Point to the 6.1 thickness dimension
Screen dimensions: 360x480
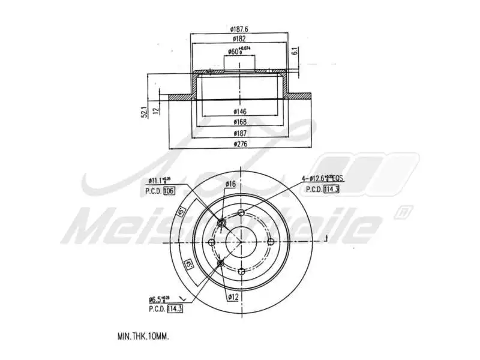[x=295, y=52]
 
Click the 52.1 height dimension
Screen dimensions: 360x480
[x=145, y=112]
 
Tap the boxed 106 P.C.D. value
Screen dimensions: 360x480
[x=169, y=190]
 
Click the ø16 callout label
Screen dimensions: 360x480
[x=230, y=184]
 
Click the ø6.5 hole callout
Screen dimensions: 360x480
[x=160, y=299]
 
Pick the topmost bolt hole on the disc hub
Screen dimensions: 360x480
[x=241, y=213]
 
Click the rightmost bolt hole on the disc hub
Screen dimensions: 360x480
[x=269, y=241]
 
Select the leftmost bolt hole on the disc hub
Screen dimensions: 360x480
[x=212, y=242]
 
